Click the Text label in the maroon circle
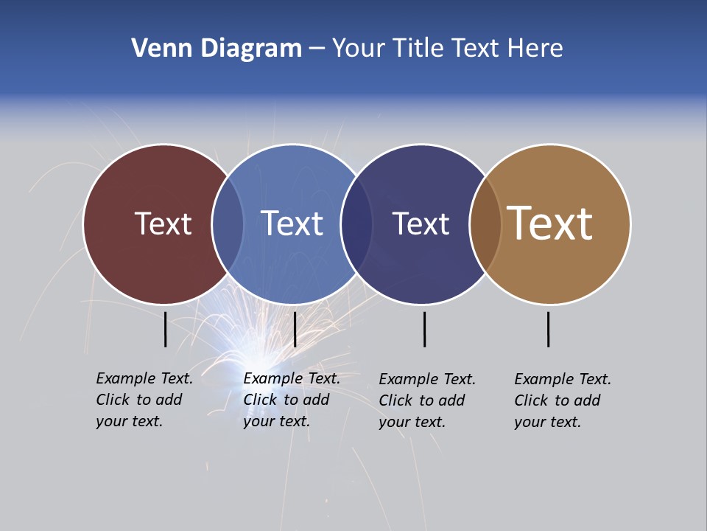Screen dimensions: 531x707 click(163, 223)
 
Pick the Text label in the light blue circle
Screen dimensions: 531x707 click(292, 223)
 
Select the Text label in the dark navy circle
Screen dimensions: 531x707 click(421, 223)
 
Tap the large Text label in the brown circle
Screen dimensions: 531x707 click(550, 223)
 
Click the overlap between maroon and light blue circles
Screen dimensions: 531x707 click(228, 224)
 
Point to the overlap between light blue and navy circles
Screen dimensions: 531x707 click(356, 224)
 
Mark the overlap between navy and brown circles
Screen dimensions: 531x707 click(485, 224)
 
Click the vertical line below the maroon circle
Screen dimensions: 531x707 click(166, 329)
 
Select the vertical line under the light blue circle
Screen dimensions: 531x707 click(295, 329)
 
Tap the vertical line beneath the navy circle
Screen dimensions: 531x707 click(425, 329)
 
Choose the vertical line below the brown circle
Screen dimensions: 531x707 click(549, 329)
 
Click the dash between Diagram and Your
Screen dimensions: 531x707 click(317, 49)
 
